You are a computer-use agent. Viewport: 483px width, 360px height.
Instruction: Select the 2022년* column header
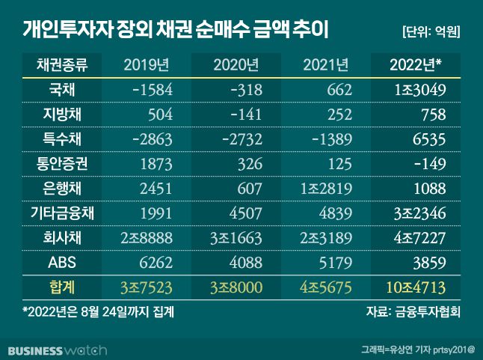pos(416,65)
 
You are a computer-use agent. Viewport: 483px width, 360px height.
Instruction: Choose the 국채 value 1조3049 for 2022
pos(418,91)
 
